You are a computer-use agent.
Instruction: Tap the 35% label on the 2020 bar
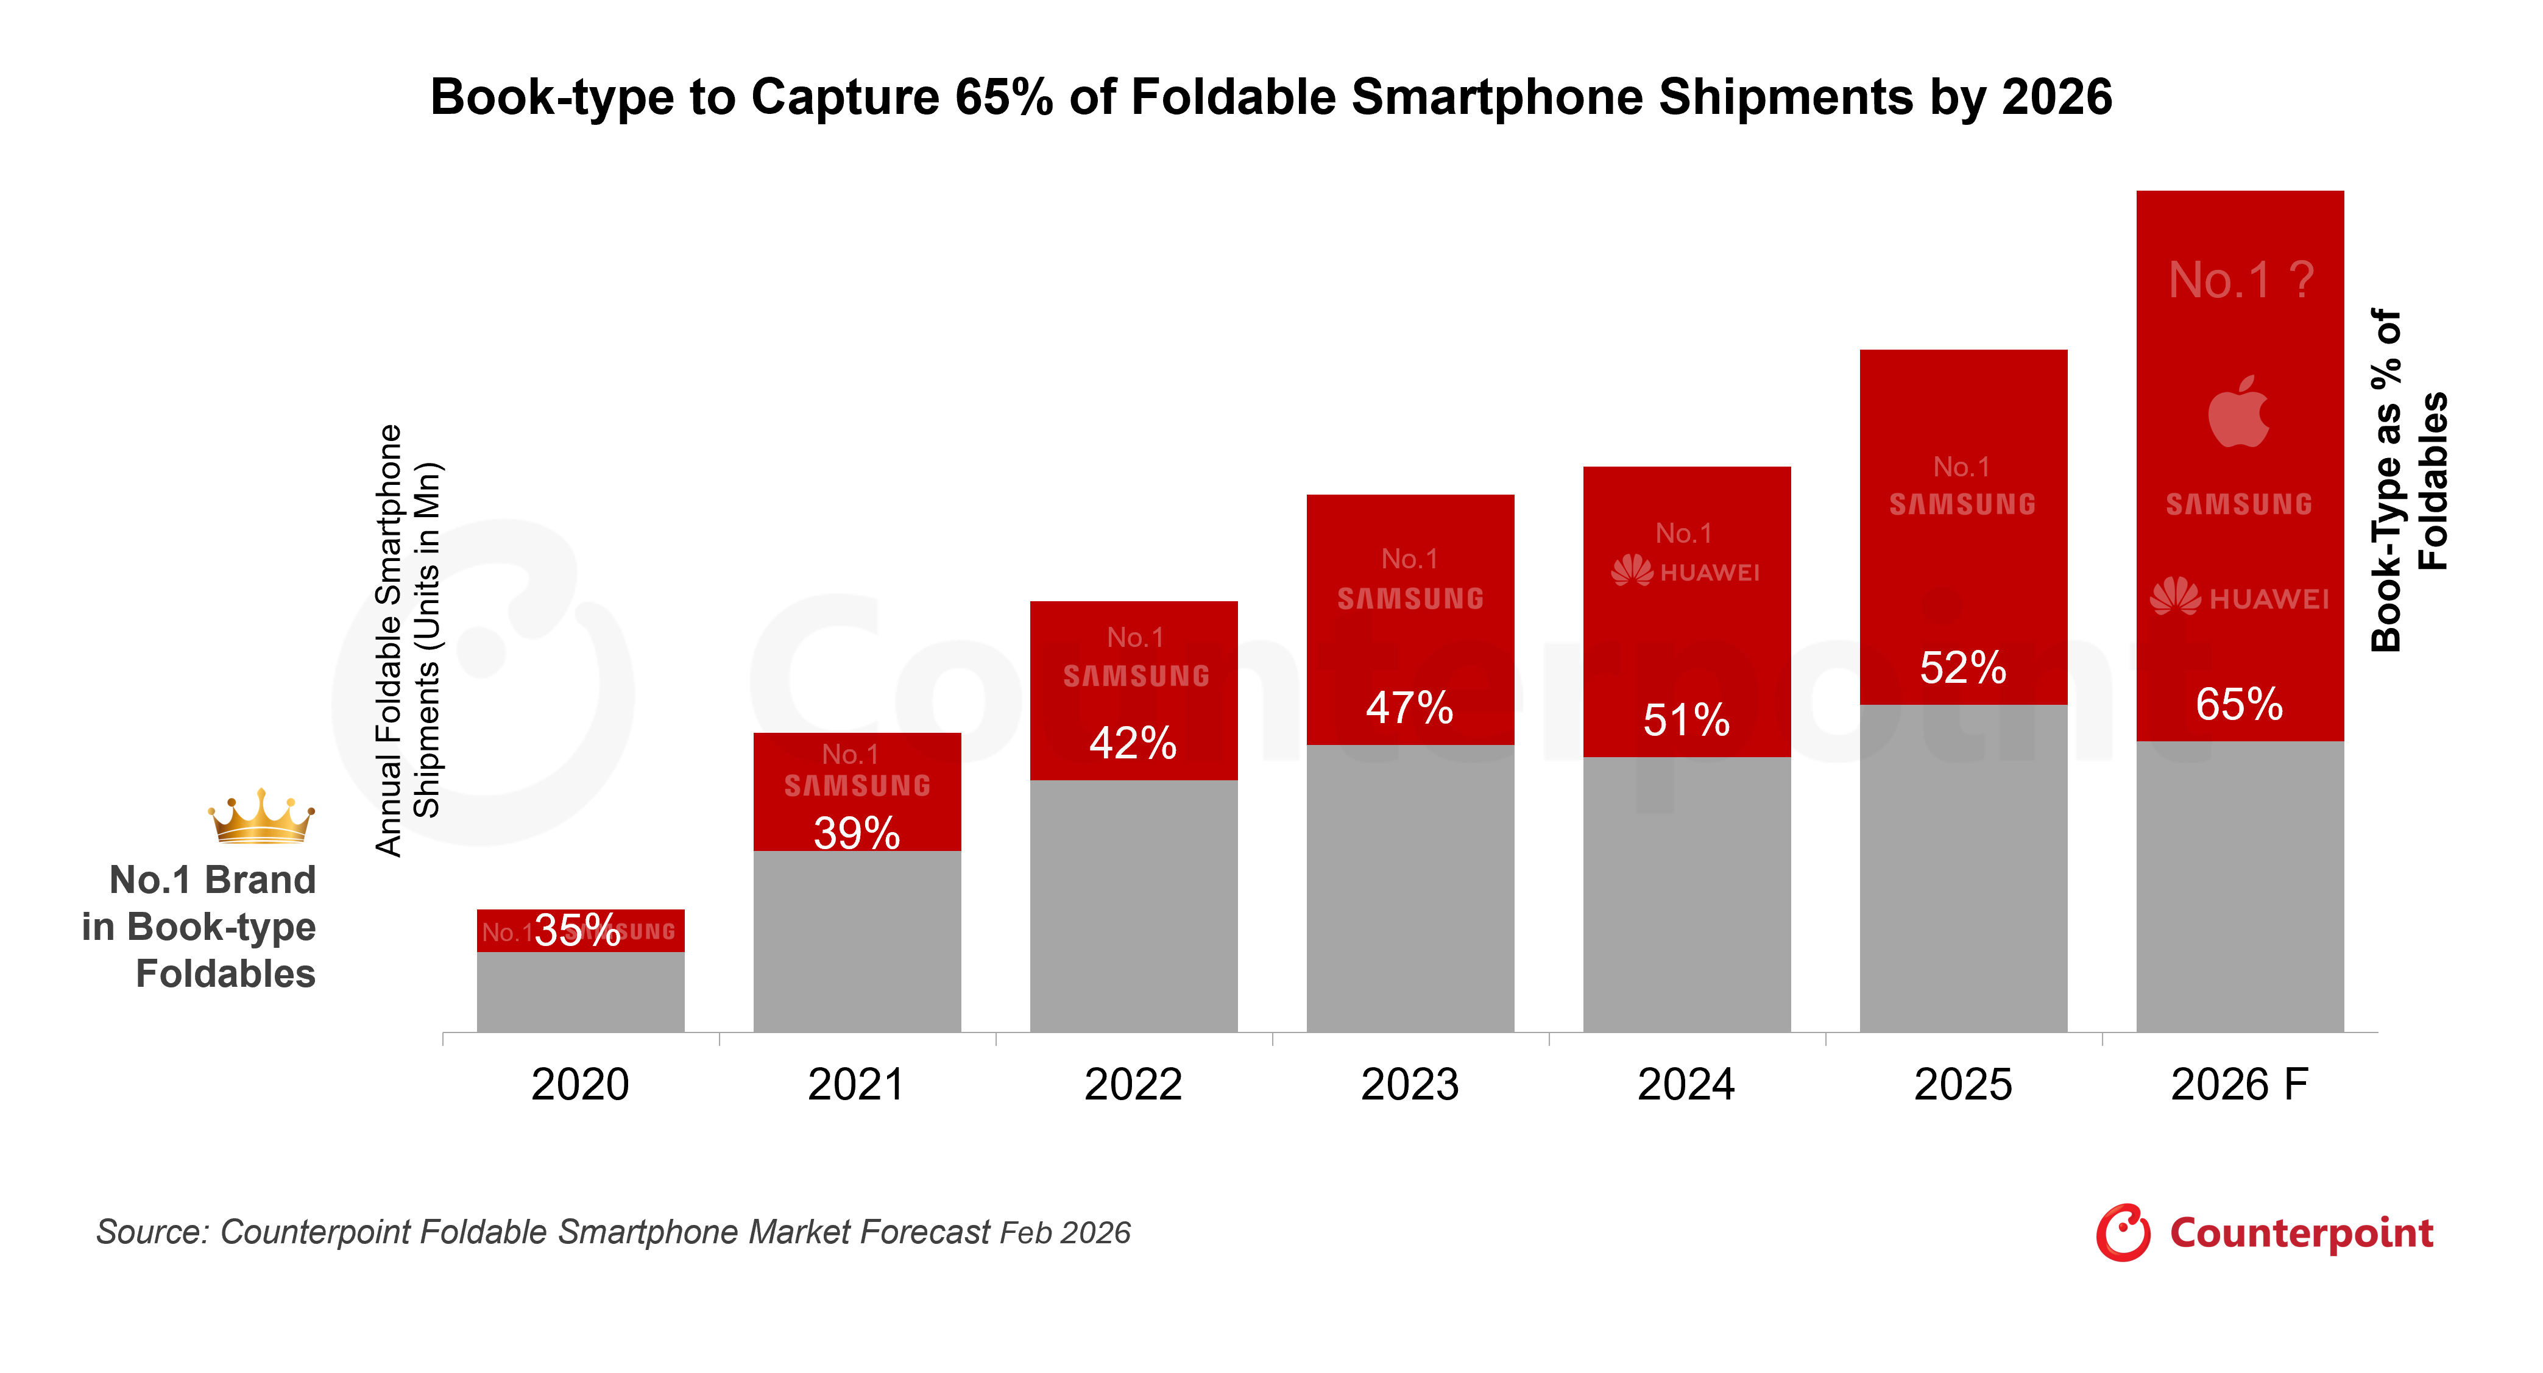[578, 930]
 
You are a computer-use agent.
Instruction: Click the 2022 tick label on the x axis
[1133, 1085]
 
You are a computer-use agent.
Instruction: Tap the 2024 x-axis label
[1686, 1085]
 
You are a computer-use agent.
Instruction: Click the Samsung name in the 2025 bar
[1962, 504]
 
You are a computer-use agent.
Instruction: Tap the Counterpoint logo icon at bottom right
[2123, 1233]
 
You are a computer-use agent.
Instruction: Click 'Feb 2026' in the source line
[1064, 1233]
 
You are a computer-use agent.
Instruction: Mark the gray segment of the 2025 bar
[1962, 869]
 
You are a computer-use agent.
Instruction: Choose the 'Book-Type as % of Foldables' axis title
[2409, 481]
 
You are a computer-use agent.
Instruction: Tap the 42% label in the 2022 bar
[1133, 743]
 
